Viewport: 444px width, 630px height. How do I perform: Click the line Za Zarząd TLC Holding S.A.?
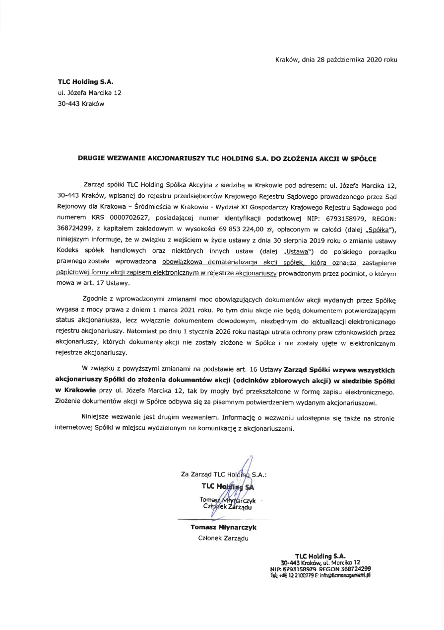click(x=224, y=474)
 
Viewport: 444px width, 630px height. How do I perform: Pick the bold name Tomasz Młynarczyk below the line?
click(x=223, y=528)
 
